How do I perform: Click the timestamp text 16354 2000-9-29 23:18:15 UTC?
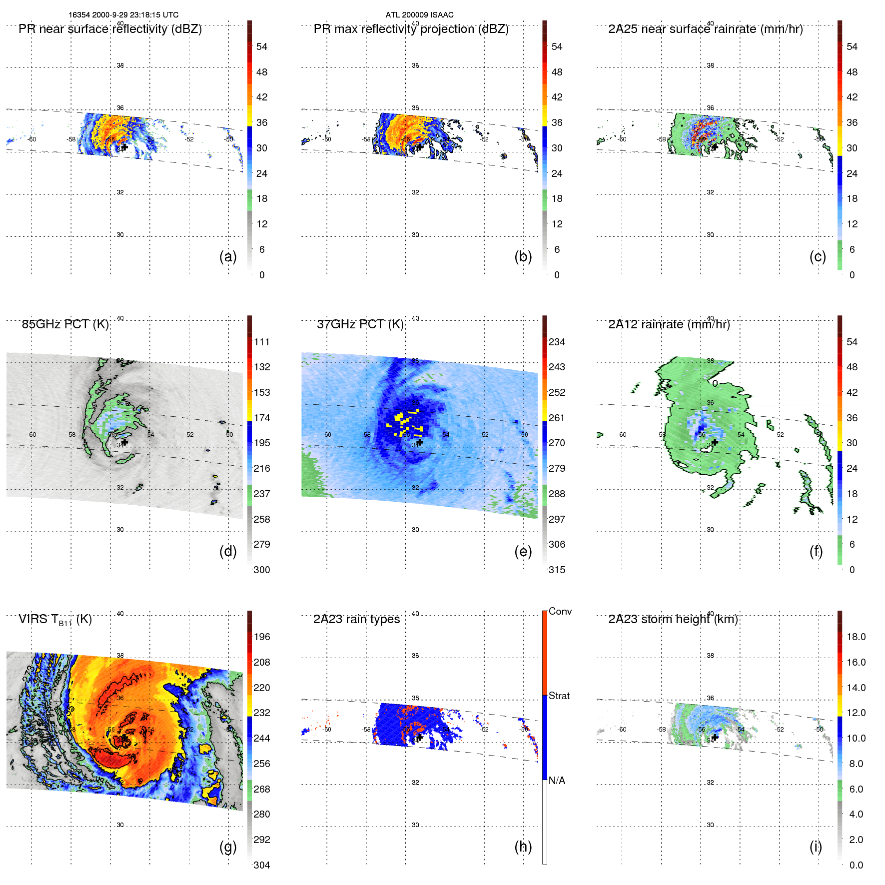tap(123, 15)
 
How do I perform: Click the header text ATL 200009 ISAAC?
tap(419, 15)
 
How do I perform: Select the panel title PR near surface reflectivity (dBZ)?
tap(110, 29)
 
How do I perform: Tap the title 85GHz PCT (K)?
tap(65, 324)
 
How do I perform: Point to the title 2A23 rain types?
tap(356, 619)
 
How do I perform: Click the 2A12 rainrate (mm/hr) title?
tap(669, 324)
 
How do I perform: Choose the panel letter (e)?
tap(523, 551)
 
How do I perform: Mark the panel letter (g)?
tap(228, 847)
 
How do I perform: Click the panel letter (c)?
tap(818, 256)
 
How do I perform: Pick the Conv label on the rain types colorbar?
tap(560, 611)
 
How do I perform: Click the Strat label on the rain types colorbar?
tap(559, 696)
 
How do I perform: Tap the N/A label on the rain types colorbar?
tap(557, 781)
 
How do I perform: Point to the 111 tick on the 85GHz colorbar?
tap(262, 342)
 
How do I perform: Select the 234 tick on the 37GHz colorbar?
tap(557, 342)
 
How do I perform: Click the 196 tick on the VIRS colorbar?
tap(262, 637)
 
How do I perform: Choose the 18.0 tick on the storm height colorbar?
tap(856, 637)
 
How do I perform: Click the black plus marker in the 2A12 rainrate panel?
tap(715, 442)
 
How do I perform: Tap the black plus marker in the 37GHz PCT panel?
tap(420, 442)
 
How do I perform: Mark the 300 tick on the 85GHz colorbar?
tap(262, 570)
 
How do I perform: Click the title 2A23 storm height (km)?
tap(673, 619)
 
